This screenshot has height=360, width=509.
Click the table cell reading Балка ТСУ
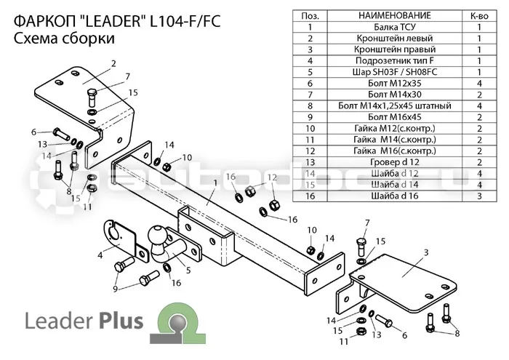click(394, 27)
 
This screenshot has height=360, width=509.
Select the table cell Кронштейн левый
click(394, 39)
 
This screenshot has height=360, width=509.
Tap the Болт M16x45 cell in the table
click(394, 117)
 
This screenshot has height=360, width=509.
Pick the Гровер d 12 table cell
click(394, 162)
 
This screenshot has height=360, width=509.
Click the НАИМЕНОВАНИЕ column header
click(394, 15)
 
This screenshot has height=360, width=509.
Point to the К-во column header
click(479, 16)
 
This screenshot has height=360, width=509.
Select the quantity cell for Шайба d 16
click(479, 196)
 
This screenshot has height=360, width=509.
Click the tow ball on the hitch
click(158, 235)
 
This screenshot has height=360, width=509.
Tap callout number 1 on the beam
click(215, 183)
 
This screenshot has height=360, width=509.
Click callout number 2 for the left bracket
click(113, 63)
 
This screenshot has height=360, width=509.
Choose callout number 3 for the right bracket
click(426, 252)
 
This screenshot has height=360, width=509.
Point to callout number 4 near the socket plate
click(100, 255)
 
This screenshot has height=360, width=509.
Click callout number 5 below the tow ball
click(188, 270)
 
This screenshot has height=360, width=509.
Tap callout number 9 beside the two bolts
click(115, 289)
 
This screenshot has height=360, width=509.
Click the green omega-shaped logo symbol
click(178, 322)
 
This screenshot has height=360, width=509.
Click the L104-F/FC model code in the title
click(185, 21)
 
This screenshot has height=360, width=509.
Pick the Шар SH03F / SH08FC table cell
click(394, 72)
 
